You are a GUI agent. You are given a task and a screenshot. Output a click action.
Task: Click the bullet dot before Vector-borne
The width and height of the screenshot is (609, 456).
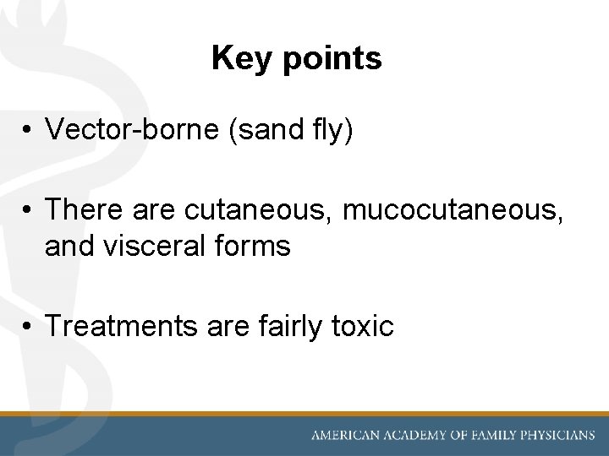28,130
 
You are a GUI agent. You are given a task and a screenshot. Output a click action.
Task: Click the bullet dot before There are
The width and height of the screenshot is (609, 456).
28,208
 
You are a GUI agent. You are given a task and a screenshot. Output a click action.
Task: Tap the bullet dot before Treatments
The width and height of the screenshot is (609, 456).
28,325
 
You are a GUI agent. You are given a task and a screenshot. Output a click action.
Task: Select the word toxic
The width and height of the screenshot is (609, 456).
364,324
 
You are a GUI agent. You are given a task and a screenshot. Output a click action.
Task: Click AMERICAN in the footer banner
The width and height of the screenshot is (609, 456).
348,436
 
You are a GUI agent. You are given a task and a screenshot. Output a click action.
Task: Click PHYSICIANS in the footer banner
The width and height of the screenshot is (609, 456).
560,436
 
